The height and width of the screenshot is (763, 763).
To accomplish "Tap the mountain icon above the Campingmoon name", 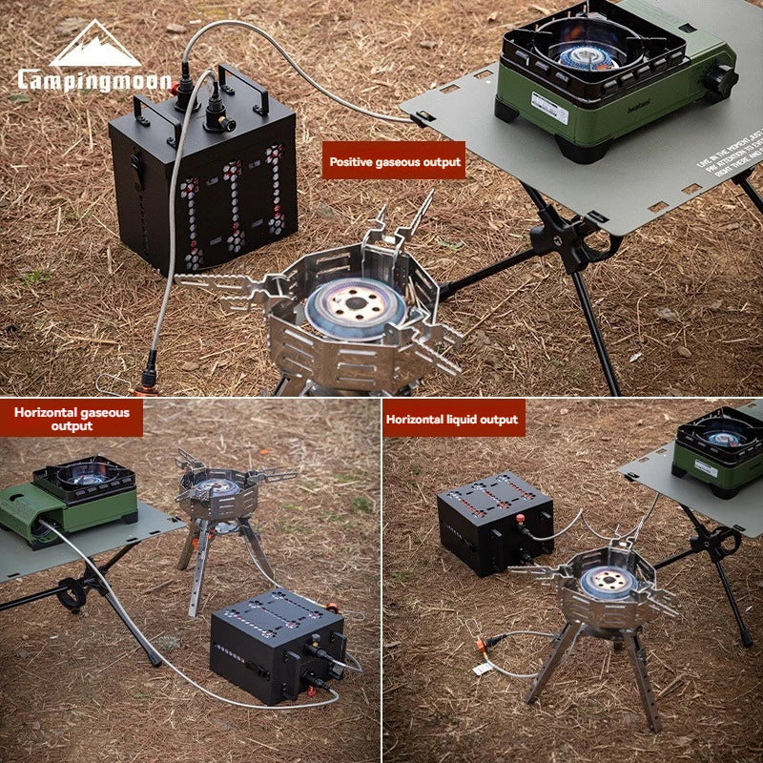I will coord(94,45).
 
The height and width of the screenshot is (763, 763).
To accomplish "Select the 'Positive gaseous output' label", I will coord(395,162).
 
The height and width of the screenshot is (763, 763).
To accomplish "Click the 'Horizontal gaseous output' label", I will coord(72,418).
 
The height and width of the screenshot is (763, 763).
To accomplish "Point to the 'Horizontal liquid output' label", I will coord(453,419).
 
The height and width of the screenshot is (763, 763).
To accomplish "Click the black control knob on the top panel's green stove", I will coord(720,80).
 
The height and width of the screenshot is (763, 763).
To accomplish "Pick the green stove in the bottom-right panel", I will coord(719,448).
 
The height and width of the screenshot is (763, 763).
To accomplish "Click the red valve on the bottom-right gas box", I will coord(521,519).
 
